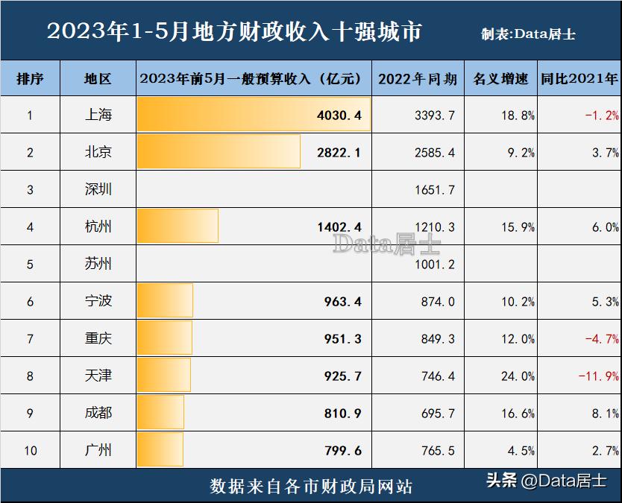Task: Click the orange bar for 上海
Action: pos(254,115)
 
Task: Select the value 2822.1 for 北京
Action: pos(339,152)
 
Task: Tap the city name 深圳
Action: pos(98,189)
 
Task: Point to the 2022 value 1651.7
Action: pos(434,190)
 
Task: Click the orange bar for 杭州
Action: pos(178,226)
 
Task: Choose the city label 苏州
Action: pos(98,264)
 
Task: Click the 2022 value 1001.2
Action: pos(434,265)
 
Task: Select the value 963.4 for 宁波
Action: pos(342,301)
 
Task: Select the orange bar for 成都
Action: pos(160,412)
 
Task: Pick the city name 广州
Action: pos(98,450)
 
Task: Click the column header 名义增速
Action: pos(500,79)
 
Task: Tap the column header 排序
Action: pos(30,79)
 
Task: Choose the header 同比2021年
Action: pos(579,79)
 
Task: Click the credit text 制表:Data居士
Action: pos(528,34)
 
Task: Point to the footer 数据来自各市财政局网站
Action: pos(311,486)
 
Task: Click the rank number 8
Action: pos(30,376)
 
